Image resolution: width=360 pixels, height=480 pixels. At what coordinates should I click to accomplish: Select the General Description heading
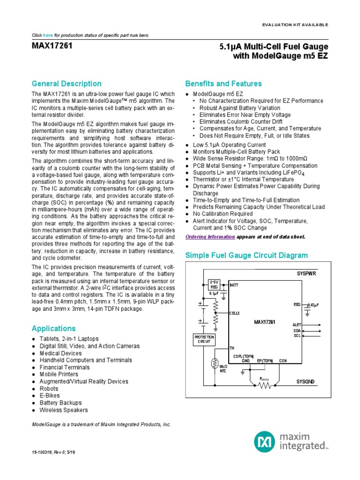click(x=66, y=84)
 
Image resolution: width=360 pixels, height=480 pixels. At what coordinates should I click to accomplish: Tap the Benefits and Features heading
click(x=224, y=84)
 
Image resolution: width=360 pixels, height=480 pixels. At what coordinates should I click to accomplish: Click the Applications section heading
click(x=53, y=328)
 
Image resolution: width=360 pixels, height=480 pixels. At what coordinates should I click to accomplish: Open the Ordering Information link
click(x=210, y=237)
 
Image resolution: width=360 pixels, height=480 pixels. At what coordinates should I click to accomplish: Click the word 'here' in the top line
click(x=48, y=36)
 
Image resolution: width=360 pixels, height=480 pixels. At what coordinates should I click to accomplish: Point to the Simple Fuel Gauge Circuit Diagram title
click(x=247, y=255)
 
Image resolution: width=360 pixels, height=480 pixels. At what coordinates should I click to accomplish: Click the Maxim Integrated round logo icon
click(x=264, y=442)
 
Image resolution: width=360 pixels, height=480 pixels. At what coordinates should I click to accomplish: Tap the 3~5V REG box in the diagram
click(x=214, y=285)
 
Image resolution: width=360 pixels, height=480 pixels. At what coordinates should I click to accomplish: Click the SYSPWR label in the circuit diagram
click(x=307, y=273)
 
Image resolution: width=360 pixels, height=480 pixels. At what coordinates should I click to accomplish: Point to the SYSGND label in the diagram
click(x=307, y=382)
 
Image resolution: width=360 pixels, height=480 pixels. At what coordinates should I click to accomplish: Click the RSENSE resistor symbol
click(x=265, y=385)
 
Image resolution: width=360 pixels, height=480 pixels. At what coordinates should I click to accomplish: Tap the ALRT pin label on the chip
click(x=297, y=324)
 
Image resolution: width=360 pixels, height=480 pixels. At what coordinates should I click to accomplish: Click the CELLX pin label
click(x=234, y=313)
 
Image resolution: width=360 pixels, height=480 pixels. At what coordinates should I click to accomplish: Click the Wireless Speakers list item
click(x=63, y=410)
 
